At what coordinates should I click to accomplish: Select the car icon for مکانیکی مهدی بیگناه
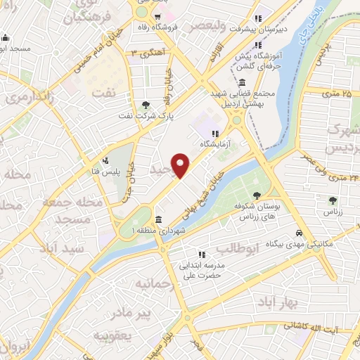pos(299,233)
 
